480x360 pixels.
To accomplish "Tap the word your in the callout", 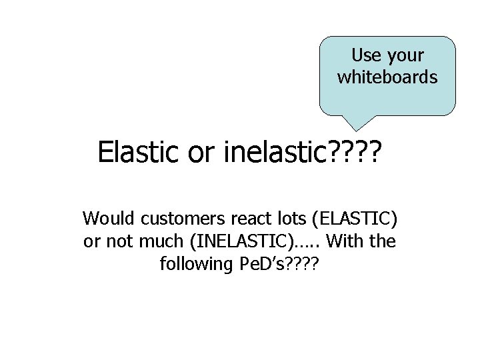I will [x=403, y=55].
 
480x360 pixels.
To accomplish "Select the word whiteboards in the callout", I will [x=387, y=77].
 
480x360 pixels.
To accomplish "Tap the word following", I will [x=195, y=264].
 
